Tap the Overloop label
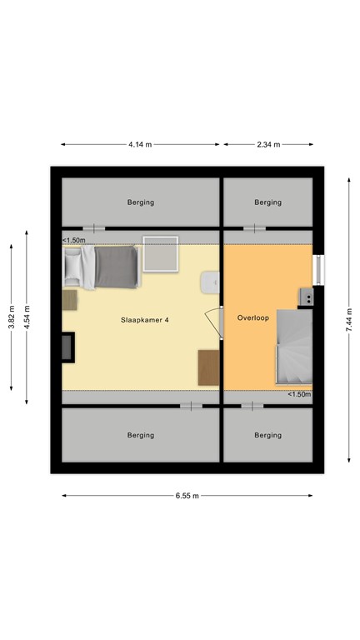(252, 317)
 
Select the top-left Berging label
(141, 202)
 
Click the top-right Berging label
(267, 202)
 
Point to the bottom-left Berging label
(141, 435)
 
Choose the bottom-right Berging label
(267, 435)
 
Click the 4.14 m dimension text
(140, 144)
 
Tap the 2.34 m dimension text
(268, 144)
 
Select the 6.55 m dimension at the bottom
(187, 495)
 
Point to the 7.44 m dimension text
(349, 317)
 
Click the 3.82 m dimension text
(12, 317)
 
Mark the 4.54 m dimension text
(27, 317)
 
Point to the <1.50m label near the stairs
(298, 394)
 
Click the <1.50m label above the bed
(74, 241)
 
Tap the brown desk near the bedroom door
(208, 367)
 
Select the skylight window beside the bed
(161, 254)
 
